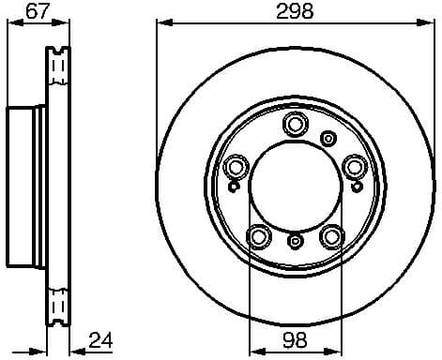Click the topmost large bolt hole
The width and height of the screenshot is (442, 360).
point(296,124)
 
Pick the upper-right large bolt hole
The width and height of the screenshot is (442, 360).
point(355,167)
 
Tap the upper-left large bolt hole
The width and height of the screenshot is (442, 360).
point(236,168)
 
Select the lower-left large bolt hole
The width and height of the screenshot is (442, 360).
point(258,236)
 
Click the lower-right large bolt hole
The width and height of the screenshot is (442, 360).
point(331,236)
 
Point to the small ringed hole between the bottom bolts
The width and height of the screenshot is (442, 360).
point(295,243)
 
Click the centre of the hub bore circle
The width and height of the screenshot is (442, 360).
point(295,187)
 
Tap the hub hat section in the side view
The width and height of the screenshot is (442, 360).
point(26,185)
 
